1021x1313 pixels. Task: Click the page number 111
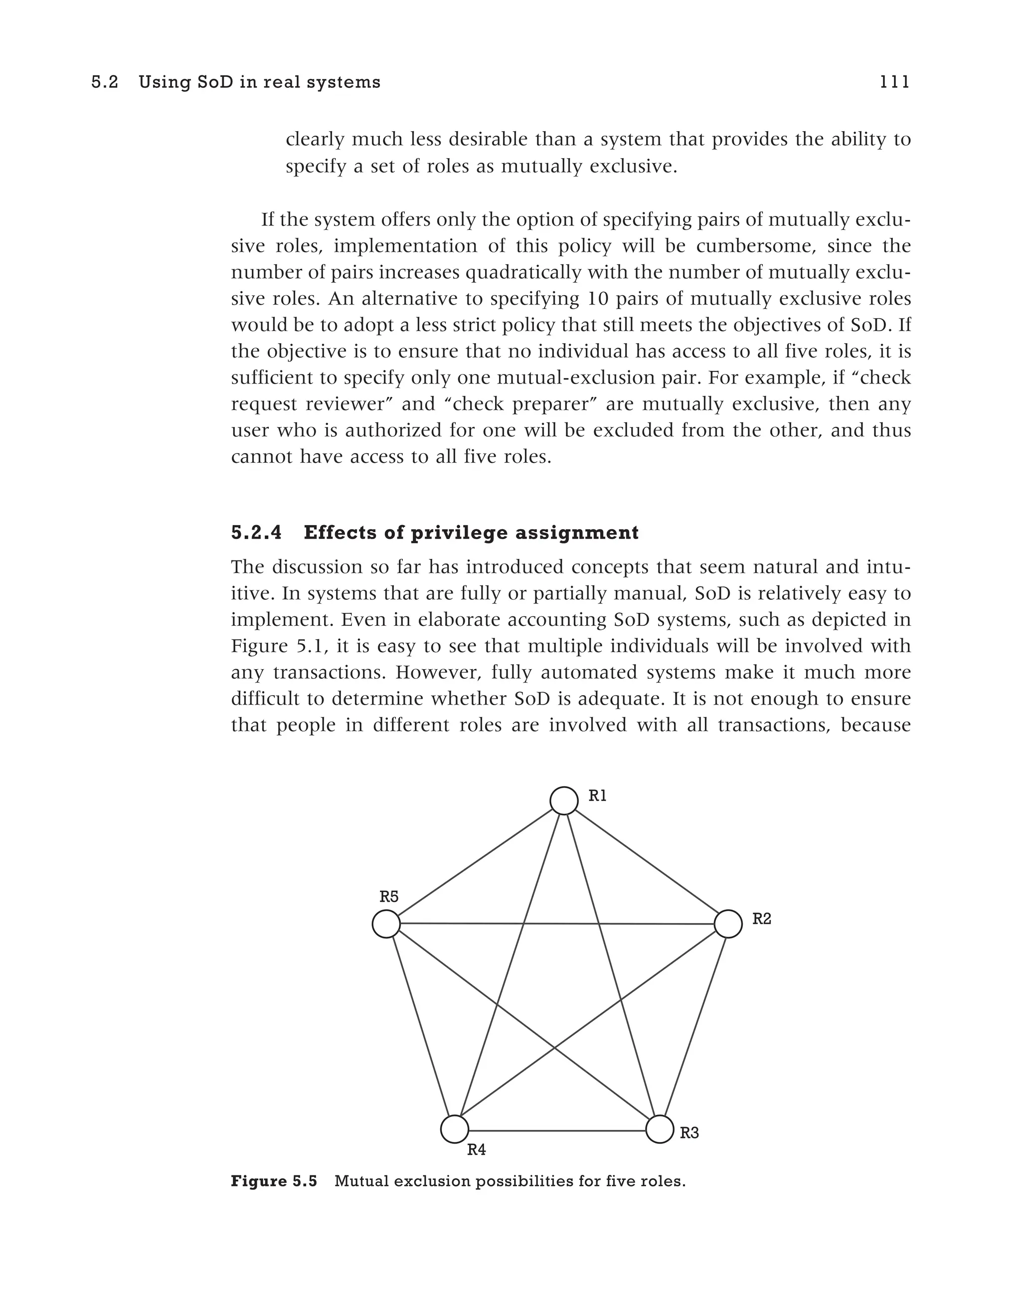click(894, 82)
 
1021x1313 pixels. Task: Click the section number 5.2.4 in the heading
click(256, 533)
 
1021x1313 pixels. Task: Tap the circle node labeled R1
click(564, 800)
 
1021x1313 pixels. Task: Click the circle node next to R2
click(728, 924)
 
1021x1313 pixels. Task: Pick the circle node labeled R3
click(659, 1129)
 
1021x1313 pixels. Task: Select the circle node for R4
click(454, 1129)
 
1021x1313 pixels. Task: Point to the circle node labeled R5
click(386, 924)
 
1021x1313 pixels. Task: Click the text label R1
click(597, 796)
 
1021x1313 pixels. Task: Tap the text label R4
click(476, 1150)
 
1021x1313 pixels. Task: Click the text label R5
click(389, 897)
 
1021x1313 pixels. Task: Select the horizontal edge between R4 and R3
click(556, 1130)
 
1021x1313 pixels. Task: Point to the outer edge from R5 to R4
click(420, 1026)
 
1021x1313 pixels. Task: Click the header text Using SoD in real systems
click(260, 82)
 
